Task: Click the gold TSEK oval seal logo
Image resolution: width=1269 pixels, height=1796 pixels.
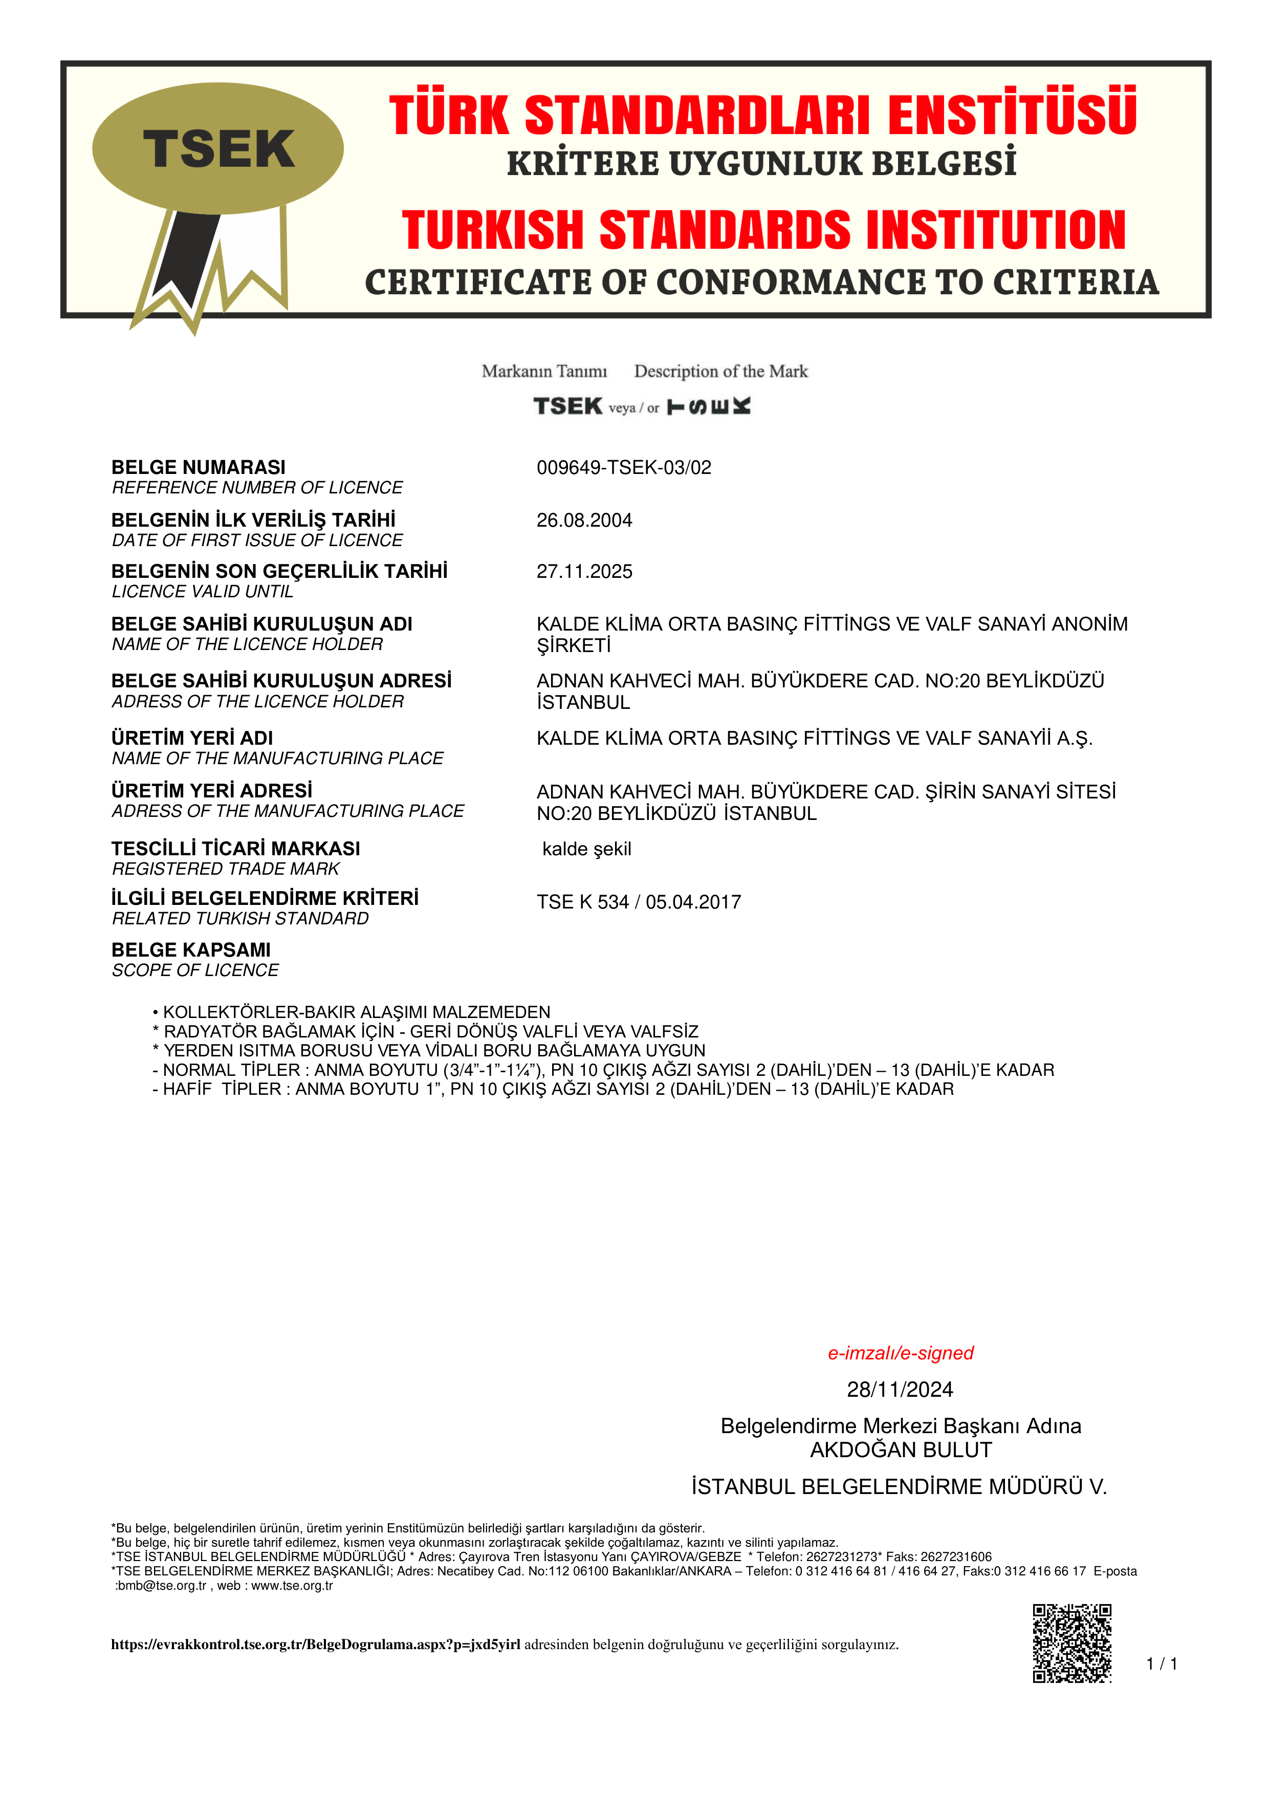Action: point(217,148)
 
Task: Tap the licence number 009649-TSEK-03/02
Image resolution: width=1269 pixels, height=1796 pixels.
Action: point(623,468)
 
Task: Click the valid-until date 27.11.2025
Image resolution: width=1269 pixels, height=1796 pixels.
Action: point(583,572)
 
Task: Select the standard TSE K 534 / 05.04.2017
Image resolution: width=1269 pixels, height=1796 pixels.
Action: point(638,902)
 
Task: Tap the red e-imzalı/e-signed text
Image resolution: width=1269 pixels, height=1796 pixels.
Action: point(900,1353)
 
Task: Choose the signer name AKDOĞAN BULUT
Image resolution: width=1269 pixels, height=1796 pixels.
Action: point(900,1450)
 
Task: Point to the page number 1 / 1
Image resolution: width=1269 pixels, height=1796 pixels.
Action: point(1161,1664)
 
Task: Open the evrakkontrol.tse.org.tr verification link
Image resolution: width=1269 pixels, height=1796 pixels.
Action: point(315,1644)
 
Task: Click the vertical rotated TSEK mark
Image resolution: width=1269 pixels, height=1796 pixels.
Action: point(708,406)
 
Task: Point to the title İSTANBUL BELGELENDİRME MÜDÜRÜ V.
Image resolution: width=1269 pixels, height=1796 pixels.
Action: point(899,1487)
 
